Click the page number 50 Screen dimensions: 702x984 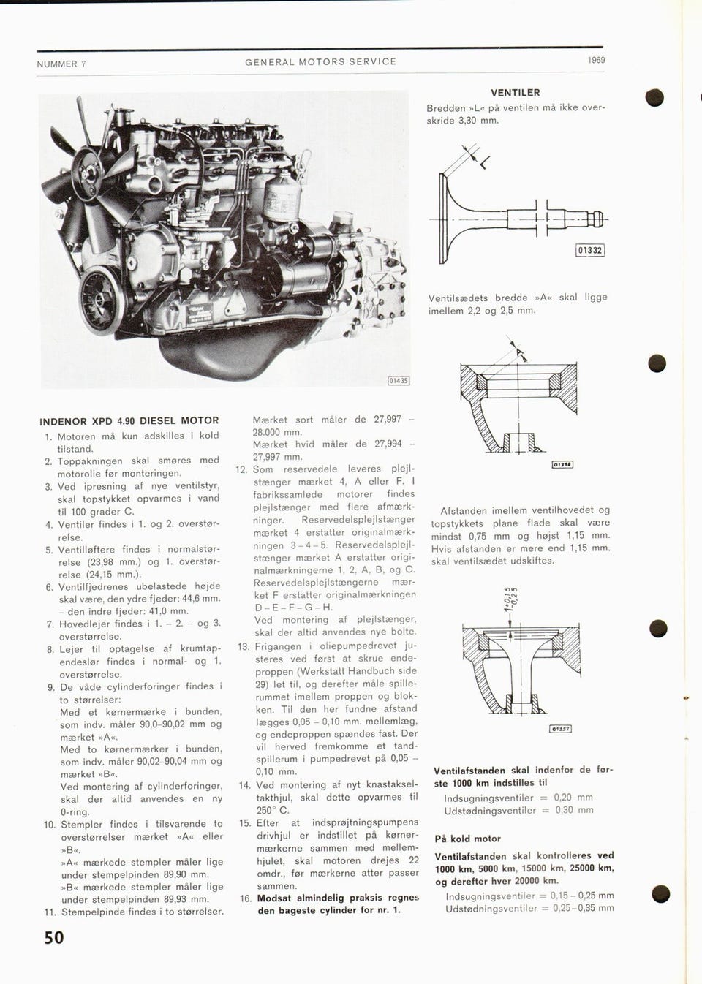coord(54,937)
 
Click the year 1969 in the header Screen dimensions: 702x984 coord(596,60)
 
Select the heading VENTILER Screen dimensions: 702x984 coord(516,93)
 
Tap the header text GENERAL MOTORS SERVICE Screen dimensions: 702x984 coord(321,62)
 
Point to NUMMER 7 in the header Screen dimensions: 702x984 coord(61,64)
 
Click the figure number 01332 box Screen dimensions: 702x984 coord(590,251)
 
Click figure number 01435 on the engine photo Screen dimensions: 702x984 coord(399,381)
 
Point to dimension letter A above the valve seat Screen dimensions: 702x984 coord(520,353)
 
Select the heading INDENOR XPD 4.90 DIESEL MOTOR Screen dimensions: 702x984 coord(129,421)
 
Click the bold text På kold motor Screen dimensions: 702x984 coord(468,839)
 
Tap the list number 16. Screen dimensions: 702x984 coord(246,898)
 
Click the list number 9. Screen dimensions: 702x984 coord(51,687)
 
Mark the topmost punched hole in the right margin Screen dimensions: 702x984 coord(654,97)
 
